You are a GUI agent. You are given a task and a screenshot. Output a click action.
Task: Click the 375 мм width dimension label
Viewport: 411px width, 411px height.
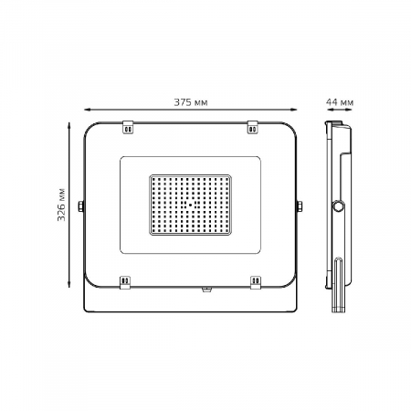(x=191, y=102)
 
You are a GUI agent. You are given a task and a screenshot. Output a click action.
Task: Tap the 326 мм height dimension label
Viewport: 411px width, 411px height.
(x=61, y=205)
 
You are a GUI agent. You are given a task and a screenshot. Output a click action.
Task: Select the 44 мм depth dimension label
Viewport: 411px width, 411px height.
(x=340, y=102)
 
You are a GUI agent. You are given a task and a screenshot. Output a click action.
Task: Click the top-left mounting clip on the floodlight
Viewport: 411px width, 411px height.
(x=128, y=127)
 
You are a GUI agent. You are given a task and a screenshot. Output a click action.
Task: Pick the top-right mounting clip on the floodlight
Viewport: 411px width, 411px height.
(x=252, y=127)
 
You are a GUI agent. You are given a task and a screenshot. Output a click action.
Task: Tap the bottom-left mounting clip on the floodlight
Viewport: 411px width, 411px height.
(x=125, y=282)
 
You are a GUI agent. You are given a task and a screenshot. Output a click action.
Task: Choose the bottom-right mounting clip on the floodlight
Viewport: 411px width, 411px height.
(x=256, y=282)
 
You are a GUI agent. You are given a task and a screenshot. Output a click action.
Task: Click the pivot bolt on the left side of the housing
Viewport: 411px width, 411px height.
(x=80, y=206)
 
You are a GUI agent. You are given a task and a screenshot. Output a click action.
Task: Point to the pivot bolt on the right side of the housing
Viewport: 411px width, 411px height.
(x=300, y=206)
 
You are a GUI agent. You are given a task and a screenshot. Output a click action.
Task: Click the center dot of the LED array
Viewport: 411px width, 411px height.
(x=190, y=205)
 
